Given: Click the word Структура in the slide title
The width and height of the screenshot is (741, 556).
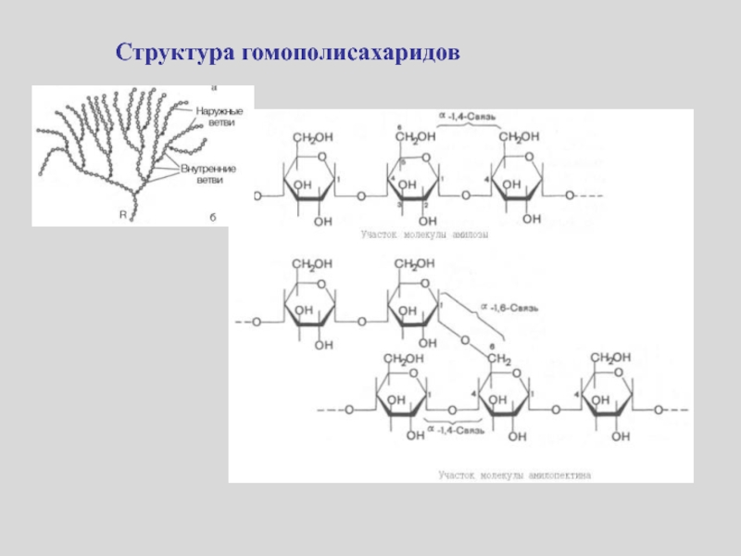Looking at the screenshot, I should pyautogui.click(x=175, y=53).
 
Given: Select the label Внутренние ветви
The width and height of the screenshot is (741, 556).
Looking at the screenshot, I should pyautogui.click(x=208, y=174).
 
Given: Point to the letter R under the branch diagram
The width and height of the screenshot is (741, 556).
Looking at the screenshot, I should pyautogui.click(x=122, y=214).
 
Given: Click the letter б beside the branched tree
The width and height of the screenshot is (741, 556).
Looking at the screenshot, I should pyautogui.click(x=211, y=216).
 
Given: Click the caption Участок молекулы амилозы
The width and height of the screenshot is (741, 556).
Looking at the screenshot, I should pyautogui.click(x=424, y=235).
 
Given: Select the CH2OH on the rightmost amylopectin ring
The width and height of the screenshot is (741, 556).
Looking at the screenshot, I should pyautogui.click(x=612, y=357).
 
